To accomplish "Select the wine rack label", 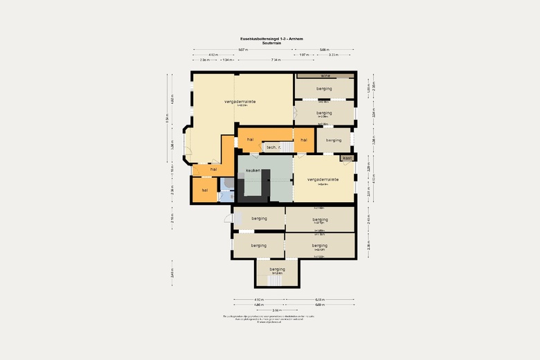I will pos(325,75).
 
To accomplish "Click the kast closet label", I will pos(348,158).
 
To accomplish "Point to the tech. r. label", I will pos(273,147).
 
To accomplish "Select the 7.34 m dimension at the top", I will pos(276,60).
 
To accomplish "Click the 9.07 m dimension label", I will pos(242,50).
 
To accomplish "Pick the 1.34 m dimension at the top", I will pos(227,60).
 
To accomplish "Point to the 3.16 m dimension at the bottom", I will pos(276,309).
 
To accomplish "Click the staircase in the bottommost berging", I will pos(277,280).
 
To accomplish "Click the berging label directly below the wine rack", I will pos(324,89).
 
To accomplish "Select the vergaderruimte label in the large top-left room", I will pos(240,101).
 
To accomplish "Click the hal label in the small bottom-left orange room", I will pos(205,190).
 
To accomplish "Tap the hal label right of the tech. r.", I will pos(303,140).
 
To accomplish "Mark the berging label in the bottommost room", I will pos(277,269).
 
